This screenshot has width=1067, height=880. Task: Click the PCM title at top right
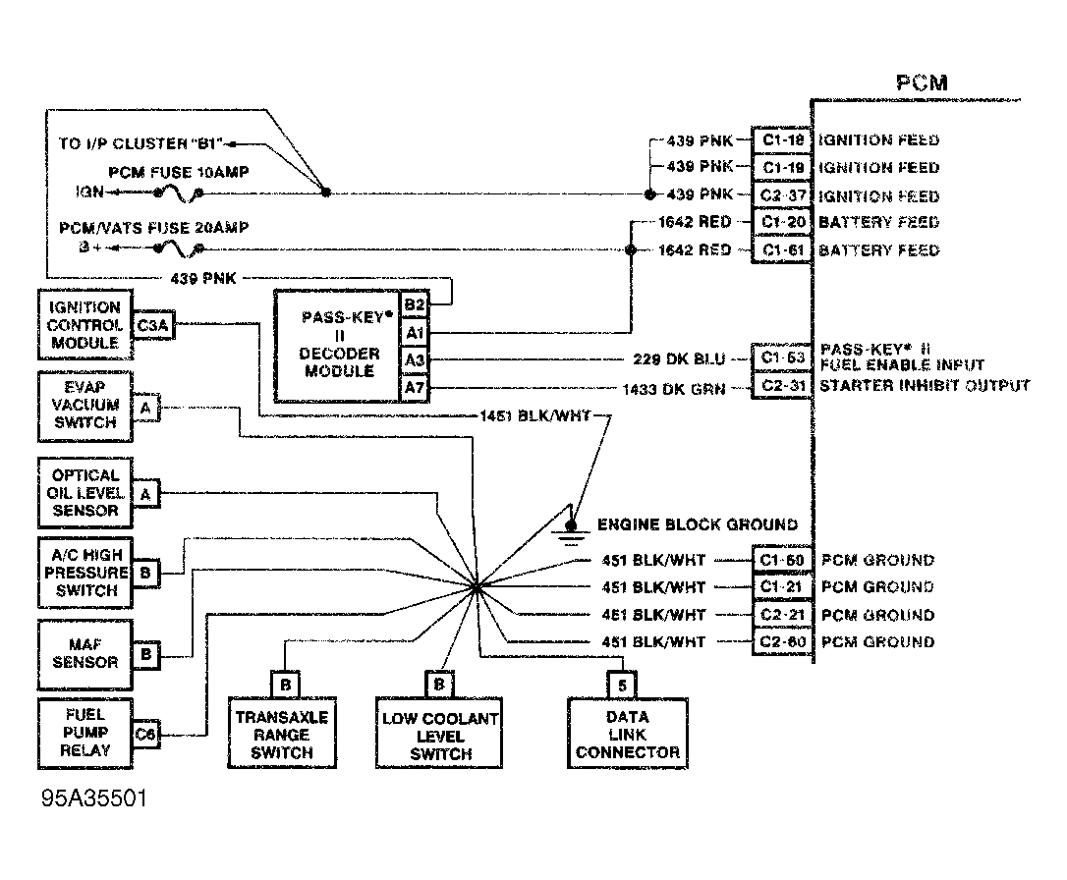click(922, 82)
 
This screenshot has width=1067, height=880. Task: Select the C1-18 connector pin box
click(781, 139)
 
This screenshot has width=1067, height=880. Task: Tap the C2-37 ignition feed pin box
click(781, 195)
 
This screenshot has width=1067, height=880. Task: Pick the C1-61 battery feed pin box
click(781, 249)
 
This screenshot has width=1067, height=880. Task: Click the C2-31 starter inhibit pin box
click(781, 387)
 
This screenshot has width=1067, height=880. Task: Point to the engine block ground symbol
click(570, 531)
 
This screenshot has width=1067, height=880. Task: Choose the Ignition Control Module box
click(84, 325)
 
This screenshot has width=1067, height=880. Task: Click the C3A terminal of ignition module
click(154, 326)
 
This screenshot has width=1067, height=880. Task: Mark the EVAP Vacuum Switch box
click(84, 405)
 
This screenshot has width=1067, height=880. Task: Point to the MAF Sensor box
click(84, 653)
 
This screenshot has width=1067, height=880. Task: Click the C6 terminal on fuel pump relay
click(145, 733)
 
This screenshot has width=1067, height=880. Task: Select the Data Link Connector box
click(627, 734)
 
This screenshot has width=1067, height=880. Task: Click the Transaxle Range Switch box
click(281, 734)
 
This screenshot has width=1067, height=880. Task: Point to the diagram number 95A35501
click(94, 798)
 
